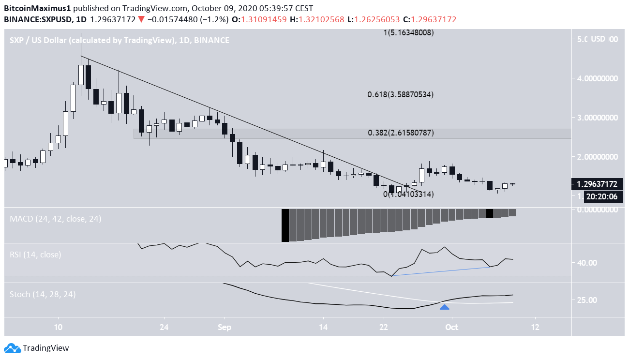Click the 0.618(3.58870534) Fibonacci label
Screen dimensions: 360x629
pyautogui.click(x=400, y=94)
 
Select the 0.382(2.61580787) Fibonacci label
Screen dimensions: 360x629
pyautogui.click(x=400, y=133)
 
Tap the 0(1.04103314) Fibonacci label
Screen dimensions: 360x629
pyautogui.click(x=408, y=194)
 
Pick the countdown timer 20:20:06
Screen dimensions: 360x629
pyautogui.click(x=602, y=196)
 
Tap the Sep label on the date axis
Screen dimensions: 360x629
pyautogui.click(x=224, y=327)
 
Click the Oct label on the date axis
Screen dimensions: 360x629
pyautogui.click(x=451, y=327)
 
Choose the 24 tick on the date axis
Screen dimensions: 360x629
pyautogui.click(x=164, y=327)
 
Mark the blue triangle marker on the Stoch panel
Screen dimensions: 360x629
pyautogui.click(x=445, y=306)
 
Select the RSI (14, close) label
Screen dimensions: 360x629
pyautogui.click(x=35, y=255)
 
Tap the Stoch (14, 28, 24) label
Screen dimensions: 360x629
pyautogui.click(x=43, y=294)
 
